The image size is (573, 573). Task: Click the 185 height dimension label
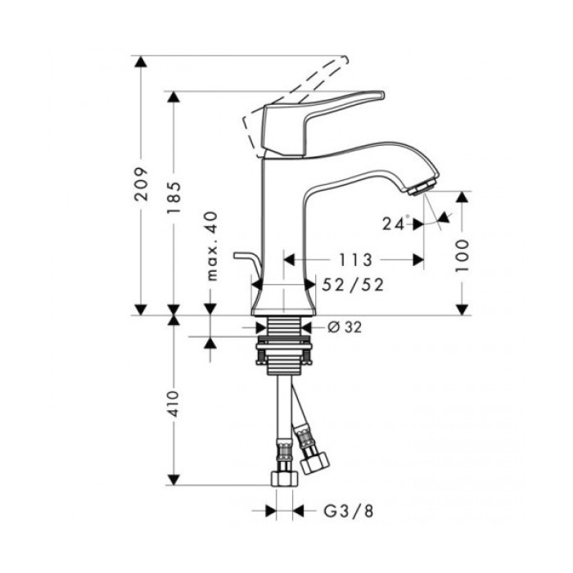(x=173, y=195)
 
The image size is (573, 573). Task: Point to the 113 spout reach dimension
(x=354, y=260)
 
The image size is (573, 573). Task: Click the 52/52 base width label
(x=354, y=284)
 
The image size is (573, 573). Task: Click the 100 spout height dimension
(x=464, y=255)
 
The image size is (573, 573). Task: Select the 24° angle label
(x=396, y=223)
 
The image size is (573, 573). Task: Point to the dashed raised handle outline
(x=295, y=98)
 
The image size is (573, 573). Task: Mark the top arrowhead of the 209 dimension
(x=142, y=62)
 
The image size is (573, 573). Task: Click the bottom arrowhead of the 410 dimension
(x=173, y=479)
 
